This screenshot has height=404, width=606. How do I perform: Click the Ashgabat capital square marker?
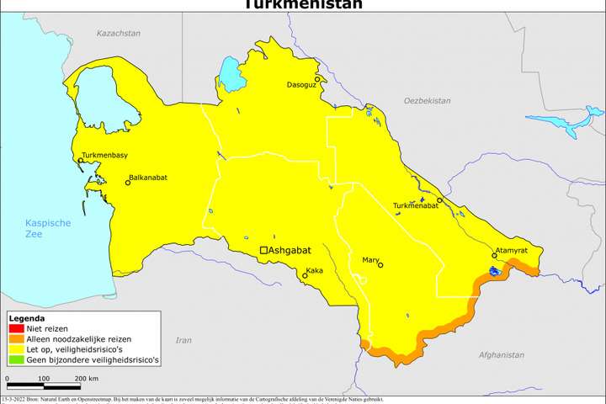click(263, 250)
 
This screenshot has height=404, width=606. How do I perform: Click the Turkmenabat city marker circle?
click(439, 200)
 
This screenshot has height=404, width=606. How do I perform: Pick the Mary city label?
click(370, 260)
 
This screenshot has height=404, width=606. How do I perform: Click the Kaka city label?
click(314, 270)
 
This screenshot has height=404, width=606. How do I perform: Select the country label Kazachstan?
click(118, 33)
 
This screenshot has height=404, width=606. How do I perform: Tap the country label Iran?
click(183, 340)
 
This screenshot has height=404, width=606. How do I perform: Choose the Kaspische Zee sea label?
click(47, 228)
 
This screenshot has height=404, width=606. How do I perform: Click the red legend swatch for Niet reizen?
click(16, 328)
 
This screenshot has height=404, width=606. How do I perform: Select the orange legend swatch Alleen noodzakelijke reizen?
click(16, 338)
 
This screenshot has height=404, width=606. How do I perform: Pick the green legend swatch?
click(16, 359)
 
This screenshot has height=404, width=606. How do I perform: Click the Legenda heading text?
click(26, 319)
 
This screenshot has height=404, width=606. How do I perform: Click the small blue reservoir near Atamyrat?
click(495, 272)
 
